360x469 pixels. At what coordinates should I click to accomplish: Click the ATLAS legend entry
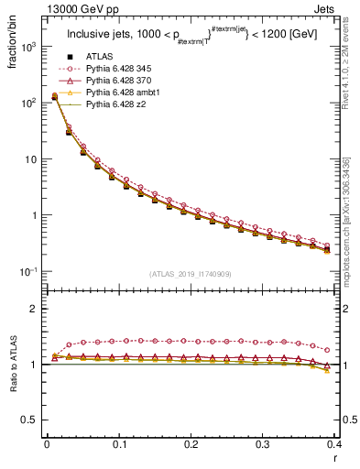click(x=100, y=57)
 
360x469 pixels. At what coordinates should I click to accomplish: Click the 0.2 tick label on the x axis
click(x=190, y=444)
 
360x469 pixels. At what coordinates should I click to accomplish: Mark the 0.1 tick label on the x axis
click(x=118, y=444)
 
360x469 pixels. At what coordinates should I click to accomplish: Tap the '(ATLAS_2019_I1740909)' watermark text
click(x=190, y=273)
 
